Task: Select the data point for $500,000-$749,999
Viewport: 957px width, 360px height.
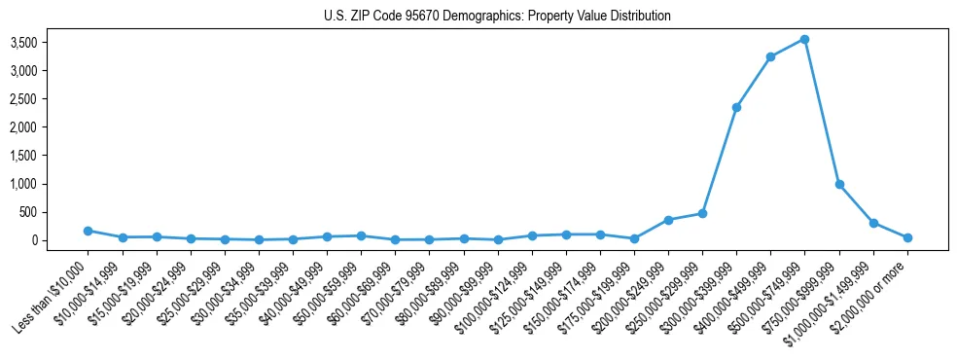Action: pyautogui.click(x=805, y=40)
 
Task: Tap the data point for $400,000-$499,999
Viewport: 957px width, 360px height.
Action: pyautogui.click(x=771, y=56)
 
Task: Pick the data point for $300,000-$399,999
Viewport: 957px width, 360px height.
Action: pyautogui.click(x=737, y=107)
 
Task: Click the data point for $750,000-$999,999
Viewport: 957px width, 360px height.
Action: pyautogui.click(x=839, y=184)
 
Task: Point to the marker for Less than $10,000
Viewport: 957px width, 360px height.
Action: pyautogui.click(x=88, y=231)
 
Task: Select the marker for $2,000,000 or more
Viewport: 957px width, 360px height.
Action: pyautogui.click(x=907, y=237)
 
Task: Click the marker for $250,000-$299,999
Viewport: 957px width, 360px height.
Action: pyautogui.click(x=702, y=213)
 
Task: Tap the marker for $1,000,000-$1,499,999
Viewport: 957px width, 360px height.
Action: pyautogui.click(x=873, y=223)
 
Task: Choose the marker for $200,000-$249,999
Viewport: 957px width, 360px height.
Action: pyautogui.click(x=668, y=220)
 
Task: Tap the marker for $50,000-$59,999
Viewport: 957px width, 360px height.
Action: pyautogui.click(x=361, y=235)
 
